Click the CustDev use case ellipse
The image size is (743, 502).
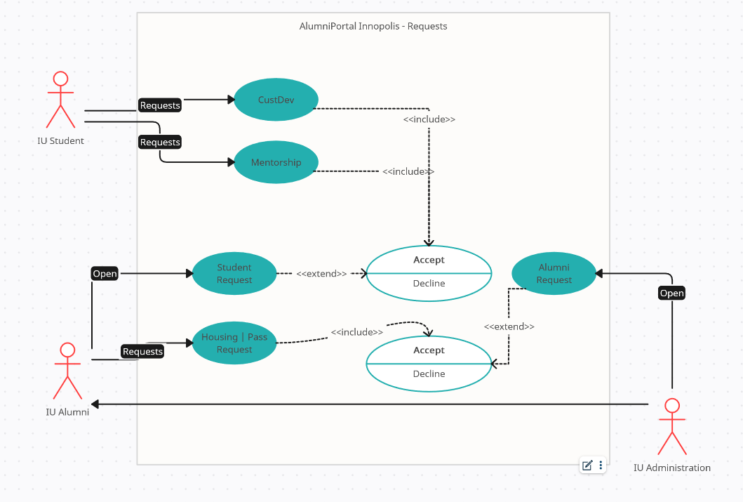(276, 100)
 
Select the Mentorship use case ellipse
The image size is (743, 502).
(276, 162)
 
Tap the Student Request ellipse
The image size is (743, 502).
(234, 274)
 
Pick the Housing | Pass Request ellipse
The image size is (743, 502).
(234, 343)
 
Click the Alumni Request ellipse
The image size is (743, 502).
(554, 274)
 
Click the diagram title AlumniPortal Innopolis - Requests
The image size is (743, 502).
(373, 26)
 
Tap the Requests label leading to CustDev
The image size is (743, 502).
(160, 105)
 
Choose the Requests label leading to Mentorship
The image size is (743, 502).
(160, 142)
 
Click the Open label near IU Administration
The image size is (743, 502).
(671, 293)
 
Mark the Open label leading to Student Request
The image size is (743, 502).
(105, 274)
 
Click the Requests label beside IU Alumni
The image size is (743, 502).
(142, 351)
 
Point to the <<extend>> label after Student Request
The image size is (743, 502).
(321, 274)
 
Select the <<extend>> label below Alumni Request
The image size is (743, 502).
(509, 326)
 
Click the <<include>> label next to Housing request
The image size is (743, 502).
(357, 332)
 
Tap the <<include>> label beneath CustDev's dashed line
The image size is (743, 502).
(429, 119)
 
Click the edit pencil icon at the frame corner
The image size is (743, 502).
(587, 465)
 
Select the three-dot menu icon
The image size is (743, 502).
(601, 465)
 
